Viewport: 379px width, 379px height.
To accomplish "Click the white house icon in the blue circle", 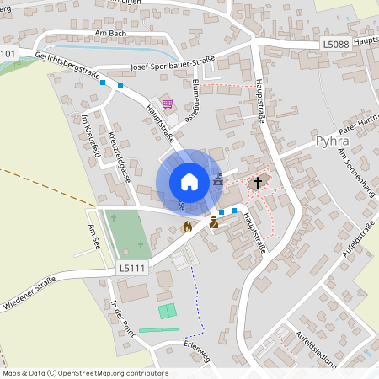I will point(189,181).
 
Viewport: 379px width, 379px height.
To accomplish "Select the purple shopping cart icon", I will point(168,104).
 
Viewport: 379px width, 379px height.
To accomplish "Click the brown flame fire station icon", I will point(187,226).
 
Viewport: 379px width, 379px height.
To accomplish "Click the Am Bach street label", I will point(110,33).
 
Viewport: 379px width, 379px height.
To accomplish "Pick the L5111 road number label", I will point(131,266).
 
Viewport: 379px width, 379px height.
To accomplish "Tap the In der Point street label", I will point(123,318).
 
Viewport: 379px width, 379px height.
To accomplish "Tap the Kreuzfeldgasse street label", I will point(119,157).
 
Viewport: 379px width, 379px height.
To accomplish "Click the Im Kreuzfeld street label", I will point(90,137).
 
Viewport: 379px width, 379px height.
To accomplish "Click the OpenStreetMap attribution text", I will point(85,373).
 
